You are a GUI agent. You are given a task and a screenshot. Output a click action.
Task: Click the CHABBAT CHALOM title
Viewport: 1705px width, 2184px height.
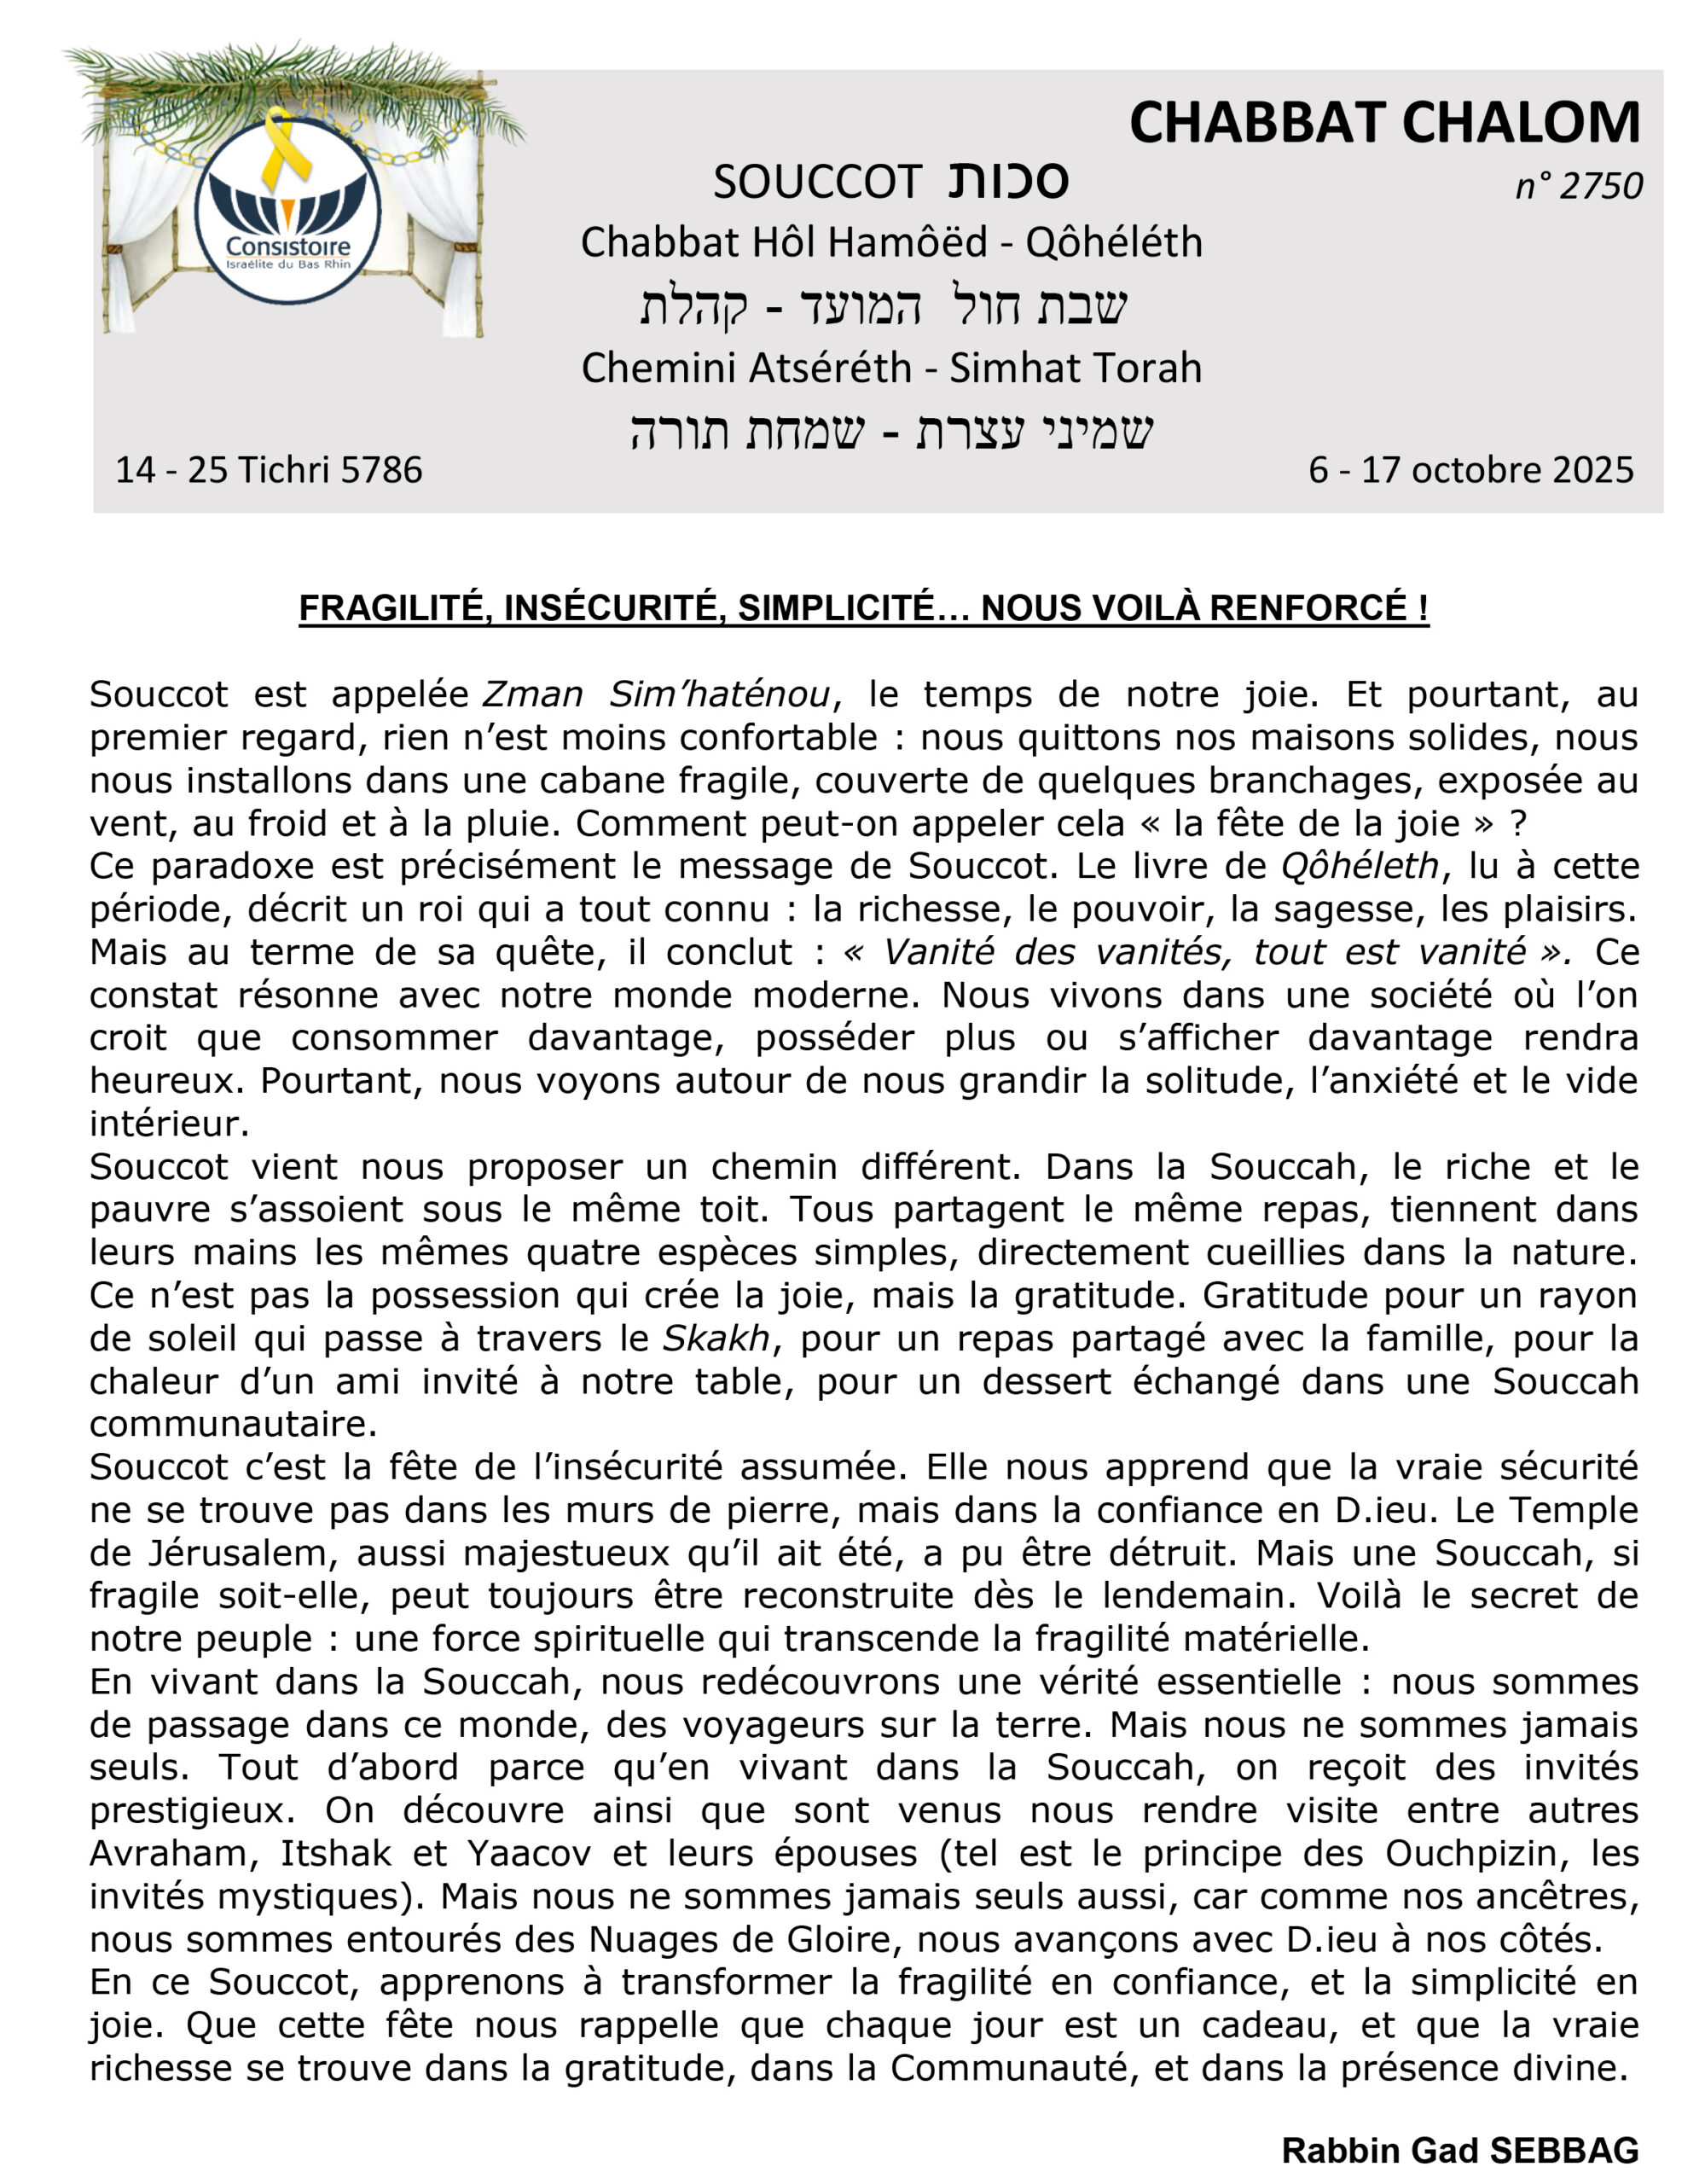tap(1384, 123)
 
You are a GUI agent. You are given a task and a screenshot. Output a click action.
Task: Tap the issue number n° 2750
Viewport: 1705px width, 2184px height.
tap(1578, 186)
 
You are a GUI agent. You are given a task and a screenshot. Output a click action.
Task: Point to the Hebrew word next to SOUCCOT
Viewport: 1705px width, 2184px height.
tap(1007, 181)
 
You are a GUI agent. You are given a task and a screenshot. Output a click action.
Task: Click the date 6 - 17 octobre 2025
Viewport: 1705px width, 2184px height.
tap(1470, 469)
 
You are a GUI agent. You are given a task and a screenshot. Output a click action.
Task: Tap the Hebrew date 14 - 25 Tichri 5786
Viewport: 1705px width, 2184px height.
tap(268, 469)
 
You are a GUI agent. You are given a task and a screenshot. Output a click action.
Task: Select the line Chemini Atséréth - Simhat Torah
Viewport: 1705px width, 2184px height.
tap(891, 368)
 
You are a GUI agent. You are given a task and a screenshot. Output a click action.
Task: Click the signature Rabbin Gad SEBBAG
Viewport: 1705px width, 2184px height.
tap(1459, 2149)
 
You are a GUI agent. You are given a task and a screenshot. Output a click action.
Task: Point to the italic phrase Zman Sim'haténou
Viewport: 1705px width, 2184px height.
tap(656, 694)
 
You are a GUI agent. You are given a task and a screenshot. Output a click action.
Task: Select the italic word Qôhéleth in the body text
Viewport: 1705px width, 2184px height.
tap(1359, 866)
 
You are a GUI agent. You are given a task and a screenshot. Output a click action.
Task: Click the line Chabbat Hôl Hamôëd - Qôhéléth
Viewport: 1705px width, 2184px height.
tap(891, 242)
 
